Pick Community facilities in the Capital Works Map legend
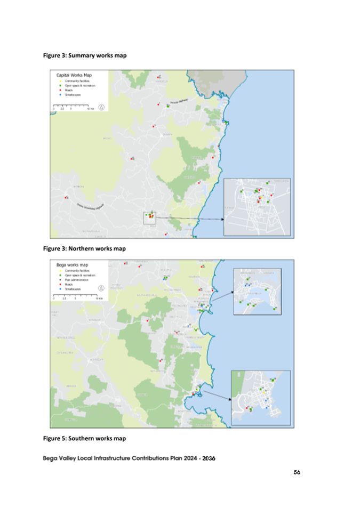pyautogui.click(x=75, y=81)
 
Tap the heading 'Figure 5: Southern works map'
pyautogui.click(x=84, y=439)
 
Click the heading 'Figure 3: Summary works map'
pyautogui.click(x=84, y=55)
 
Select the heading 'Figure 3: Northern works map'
pyautogui.click(x=84, y=248)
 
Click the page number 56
pyautogui.click(x=297, y=472)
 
